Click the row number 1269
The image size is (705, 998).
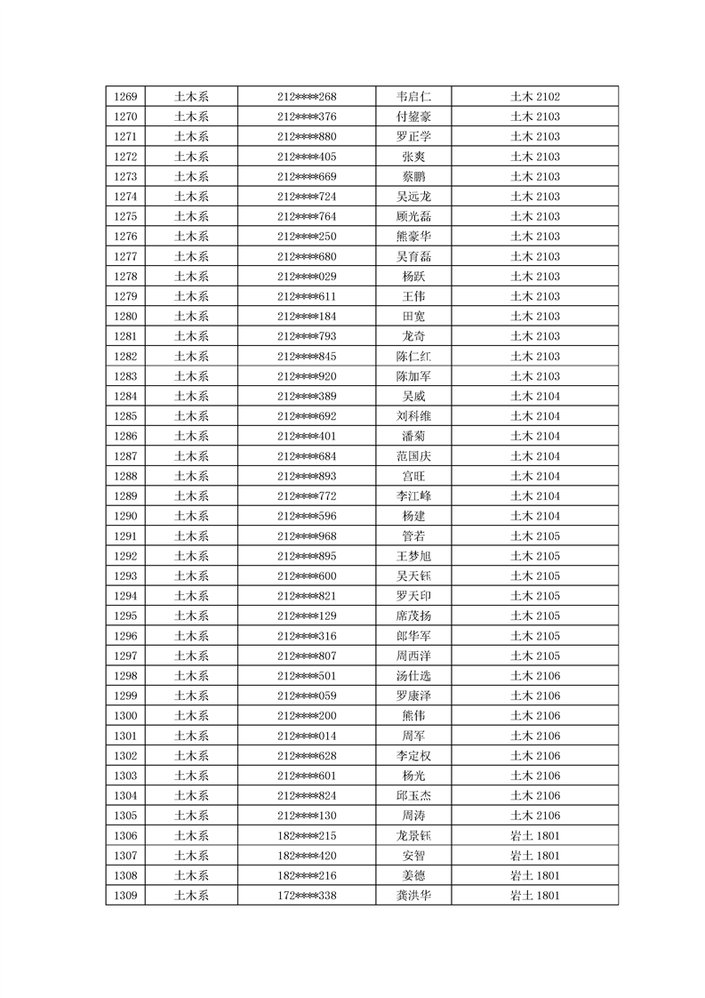125,96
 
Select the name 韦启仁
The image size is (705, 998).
413,96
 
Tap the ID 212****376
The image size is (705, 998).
307,117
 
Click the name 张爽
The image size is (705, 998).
413,157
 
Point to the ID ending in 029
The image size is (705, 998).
307,277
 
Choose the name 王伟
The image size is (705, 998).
413,296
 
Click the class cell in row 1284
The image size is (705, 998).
534,396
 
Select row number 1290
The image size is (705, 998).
125,516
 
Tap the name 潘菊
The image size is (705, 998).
413,436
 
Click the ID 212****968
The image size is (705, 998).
307,535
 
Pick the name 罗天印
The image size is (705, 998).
413,596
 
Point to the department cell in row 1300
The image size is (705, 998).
191,716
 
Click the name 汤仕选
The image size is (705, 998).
413,676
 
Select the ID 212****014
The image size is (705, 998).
307,736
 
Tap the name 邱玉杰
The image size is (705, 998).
413,795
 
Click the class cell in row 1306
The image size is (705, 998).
534,835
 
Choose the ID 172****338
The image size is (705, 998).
307,895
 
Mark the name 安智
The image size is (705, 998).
413,856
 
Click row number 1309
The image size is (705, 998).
125,895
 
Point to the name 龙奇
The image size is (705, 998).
413,336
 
